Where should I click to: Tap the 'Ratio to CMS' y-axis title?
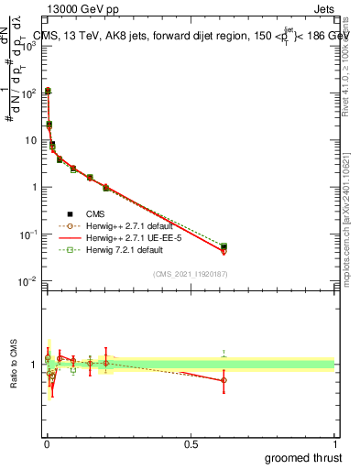pos(12,364)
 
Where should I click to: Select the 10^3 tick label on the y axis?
pos(29,46)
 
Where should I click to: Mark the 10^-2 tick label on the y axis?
pos(29,281)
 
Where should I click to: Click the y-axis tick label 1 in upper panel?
pos(33,187)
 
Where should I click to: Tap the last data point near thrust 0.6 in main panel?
pos(224,247)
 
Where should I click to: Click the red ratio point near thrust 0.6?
pos(224,379)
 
